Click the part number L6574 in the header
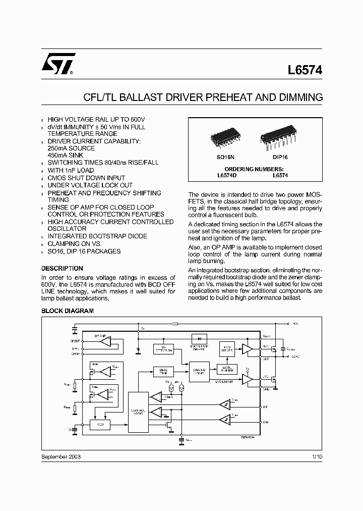[305, 71]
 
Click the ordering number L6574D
[223, 175]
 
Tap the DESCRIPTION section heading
[62, 269]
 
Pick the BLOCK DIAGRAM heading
[67, 311]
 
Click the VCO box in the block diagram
[99, 425]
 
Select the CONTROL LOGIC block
[138, 412]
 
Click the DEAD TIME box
[163, 370]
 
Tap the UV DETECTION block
[164, 349]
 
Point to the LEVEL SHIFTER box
[227, 369]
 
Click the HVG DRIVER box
[227, 348]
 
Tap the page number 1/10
[316, 456]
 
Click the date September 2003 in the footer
[61, 456]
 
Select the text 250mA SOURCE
[71, 148]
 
